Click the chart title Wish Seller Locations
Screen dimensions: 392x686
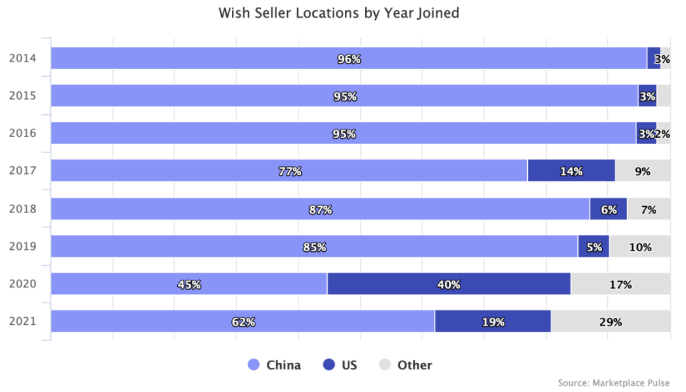click(x=339, y=13)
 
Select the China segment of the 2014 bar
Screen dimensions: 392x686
click(x=348, y=58)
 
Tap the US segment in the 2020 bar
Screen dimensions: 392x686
click(x=448, y=284)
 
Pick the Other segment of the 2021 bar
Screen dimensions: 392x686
click(x=610, y=322)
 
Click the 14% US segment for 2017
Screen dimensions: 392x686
click(x=571, y=171)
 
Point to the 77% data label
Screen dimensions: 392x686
click(x=290, y=171)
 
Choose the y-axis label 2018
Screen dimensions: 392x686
click(x=22, y=209)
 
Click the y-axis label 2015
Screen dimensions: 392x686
click(x=22, y=96)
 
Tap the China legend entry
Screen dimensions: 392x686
click(x=274, y=365)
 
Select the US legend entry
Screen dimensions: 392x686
click(x=340, y=365)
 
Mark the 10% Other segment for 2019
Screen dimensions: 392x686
click(x=640, y=247)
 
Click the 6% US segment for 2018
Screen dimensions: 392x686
click(x=609, y=209)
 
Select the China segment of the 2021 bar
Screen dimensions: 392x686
click(x=243, y=322)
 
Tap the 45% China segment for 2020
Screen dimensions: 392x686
click(x=189, y=284)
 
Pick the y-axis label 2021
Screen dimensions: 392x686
click(x=22, y=321)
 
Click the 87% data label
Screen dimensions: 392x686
click(x=321, y=209)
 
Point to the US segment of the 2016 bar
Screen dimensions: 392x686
click(x=646, y=133)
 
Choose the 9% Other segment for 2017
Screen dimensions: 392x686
click(x=642, y=171)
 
